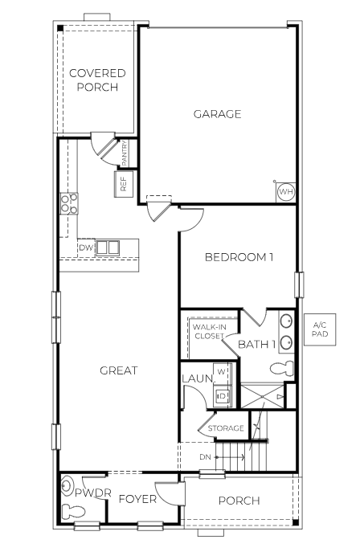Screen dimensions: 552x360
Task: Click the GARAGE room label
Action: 217,114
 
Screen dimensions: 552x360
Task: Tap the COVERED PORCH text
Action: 97,80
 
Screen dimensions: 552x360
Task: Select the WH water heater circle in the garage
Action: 285,193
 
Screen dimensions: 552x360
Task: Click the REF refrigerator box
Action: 124,182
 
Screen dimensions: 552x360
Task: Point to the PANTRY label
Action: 125,150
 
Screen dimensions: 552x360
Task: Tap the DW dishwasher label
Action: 85,248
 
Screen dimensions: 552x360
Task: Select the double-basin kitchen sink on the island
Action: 108,247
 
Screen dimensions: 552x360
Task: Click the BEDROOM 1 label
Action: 239,257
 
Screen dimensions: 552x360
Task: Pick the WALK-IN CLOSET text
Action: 209,331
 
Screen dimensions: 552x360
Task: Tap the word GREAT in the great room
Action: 118,370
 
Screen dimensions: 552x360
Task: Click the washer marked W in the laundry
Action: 222,382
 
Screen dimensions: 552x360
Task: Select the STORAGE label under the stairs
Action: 226,428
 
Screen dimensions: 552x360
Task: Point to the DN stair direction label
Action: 207,457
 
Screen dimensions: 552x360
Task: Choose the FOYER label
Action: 137,499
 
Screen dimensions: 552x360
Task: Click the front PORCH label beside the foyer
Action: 239,501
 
